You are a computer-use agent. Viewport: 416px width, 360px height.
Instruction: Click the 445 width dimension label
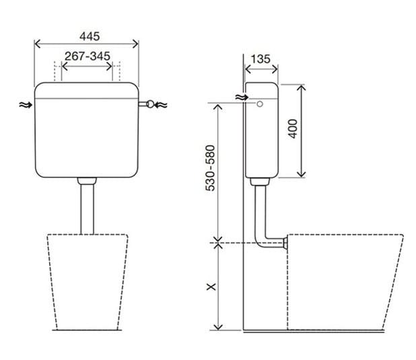[x=90, y=36]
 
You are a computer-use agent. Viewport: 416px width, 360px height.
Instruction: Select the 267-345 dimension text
[x=88, y=57]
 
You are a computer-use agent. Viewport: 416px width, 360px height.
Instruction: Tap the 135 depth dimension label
[x=261, y=59]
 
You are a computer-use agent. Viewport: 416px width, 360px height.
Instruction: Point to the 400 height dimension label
[x=293, y=129]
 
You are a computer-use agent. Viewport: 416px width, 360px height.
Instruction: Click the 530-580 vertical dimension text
[x=210, y=168]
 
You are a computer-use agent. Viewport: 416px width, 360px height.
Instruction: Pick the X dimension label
[x=211, y=287]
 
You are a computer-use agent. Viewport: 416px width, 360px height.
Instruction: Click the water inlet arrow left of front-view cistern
[x=26, y=105]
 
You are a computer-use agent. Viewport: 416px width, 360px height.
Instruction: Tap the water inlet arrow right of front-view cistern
[x=161, y=105]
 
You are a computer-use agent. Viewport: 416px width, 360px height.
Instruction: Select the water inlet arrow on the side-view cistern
[x=242, y=98]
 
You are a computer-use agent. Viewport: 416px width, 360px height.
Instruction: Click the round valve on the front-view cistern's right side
[x=150, y=104]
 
